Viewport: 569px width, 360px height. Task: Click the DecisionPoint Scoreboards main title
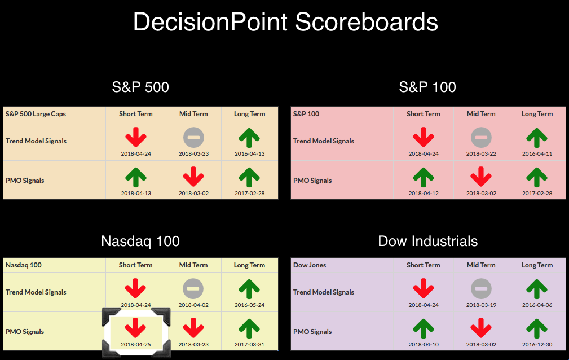pyautogui.click(x=285, y=22)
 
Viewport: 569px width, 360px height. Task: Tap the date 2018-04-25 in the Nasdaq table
pyautogui.click(x=136, y=344)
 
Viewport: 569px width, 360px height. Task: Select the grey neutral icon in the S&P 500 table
pyautogui.click(x=193, y=137)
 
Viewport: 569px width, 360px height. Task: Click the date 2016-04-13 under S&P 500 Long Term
pyautogui.click(x=249, y=153)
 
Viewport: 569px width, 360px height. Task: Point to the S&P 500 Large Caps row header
pyautogui.click(x=36, y=114)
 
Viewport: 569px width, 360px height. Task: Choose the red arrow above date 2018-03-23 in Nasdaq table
pyautogui.click(x=193, y=328)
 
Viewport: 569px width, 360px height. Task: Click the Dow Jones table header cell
pyautogui.click(x=310, y=265)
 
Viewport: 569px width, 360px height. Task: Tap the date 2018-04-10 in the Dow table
pyautogui.click(x=424, y=344)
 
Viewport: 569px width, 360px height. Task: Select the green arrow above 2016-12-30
pyautogui.click(x=537, y=328)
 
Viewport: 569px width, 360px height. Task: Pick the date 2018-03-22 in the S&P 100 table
pyautogui.click(x=481, y=153)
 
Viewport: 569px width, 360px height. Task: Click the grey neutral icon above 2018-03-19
pyautogui.click(x=481, y=289)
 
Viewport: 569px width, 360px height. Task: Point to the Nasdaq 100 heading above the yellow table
pyautogui.click(x=140, y=241)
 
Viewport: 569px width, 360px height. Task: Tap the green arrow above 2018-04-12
pyautogui.click(x=424, y=177)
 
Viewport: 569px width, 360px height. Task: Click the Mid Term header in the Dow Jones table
pyautogui.click(x=481, y=265)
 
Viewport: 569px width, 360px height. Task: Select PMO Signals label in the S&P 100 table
pyautogui.click(x=312, y=181)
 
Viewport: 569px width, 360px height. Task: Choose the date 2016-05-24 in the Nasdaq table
pyautogui.click(x=249, y=305)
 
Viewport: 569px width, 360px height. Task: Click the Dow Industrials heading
pyautogui.click(x=428, y=241)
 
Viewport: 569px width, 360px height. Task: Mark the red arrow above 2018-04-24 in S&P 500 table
pyautogui.click(x=136, y=137)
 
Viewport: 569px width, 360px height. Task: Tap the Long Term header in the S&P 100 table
pyautogui.click(x=537, y=114)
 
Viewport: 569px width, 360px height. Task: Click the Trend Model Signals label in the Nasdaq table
pyautogui.click(x=36, y=292)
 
